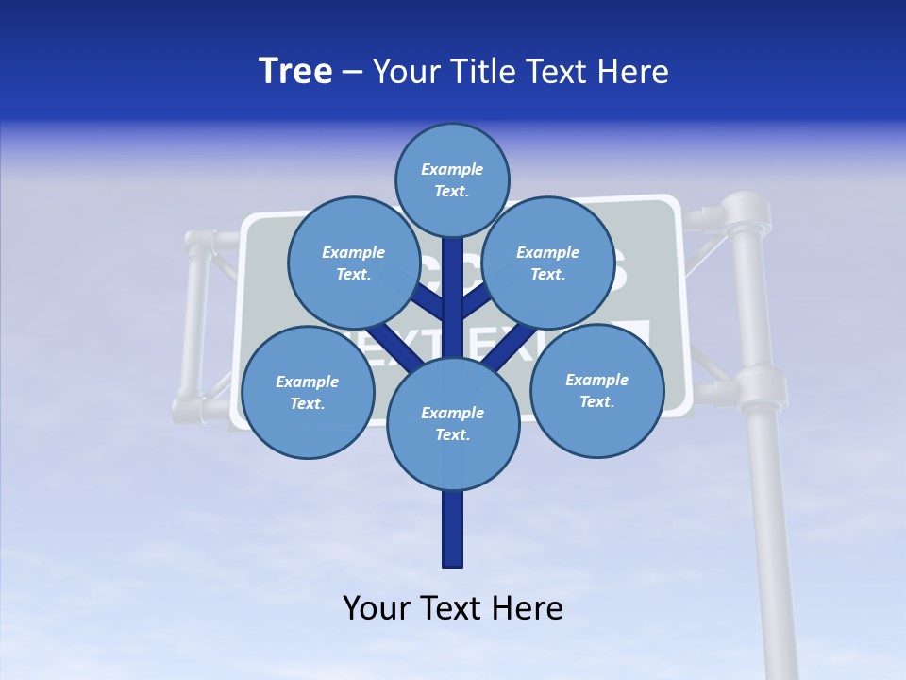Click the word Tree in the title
[295, 72]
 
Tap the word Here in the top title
[631, 72]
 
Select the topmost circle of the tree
[452, 180]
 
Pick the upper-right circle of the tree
[548, 263]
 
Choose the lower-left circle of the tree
[308, 392]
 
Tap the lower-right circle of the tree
[596, 391]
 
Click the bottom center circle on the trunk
[453, 423]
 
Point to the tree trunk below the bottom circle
[453, 529]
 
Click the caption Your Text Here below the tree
[453, 608]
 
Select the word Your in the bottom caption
[375, 608]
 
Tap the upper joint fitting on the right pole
[746, 217]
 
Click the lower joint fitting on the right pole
[760, 387]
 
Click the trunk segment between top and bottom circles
[453, 302]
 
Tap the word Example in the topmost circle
[452, 170]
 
